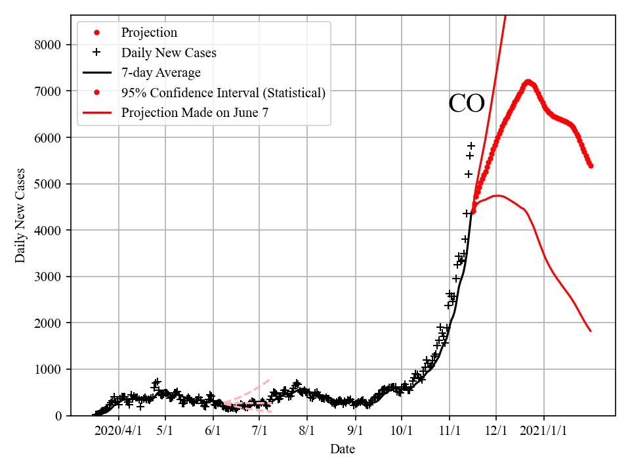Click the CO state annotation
pos(467,104)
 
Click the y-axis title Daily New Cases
pos(20,215)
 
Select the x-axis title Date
pos(343,449)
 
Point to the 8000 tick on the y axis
pos(47,45)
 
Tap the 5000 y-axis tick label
pos(47,184)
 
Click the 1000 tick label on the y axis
pos(47,369)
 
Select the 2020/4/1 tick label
pos(118,431)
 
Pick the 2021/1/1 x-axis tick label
pos(544,431)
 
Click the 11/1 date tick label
pos(450,431)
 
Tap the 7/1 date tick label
pos(260,431)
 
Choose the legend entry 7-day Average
pos(161,72)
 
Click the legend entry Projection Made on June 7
pos(195,113)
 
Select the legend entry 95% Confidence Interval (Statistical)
pos(223,93)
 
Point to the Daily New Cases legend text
pos(169,52)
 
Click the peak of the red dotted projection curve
pos(528,82)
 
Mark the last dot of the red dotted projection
pos(591,166)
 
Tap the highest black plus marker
pos(471,146)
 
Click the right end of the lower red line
pos(591,331)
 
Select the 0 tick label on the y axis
pos(58,416)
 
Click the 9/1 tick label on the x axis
pos(355,431)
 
